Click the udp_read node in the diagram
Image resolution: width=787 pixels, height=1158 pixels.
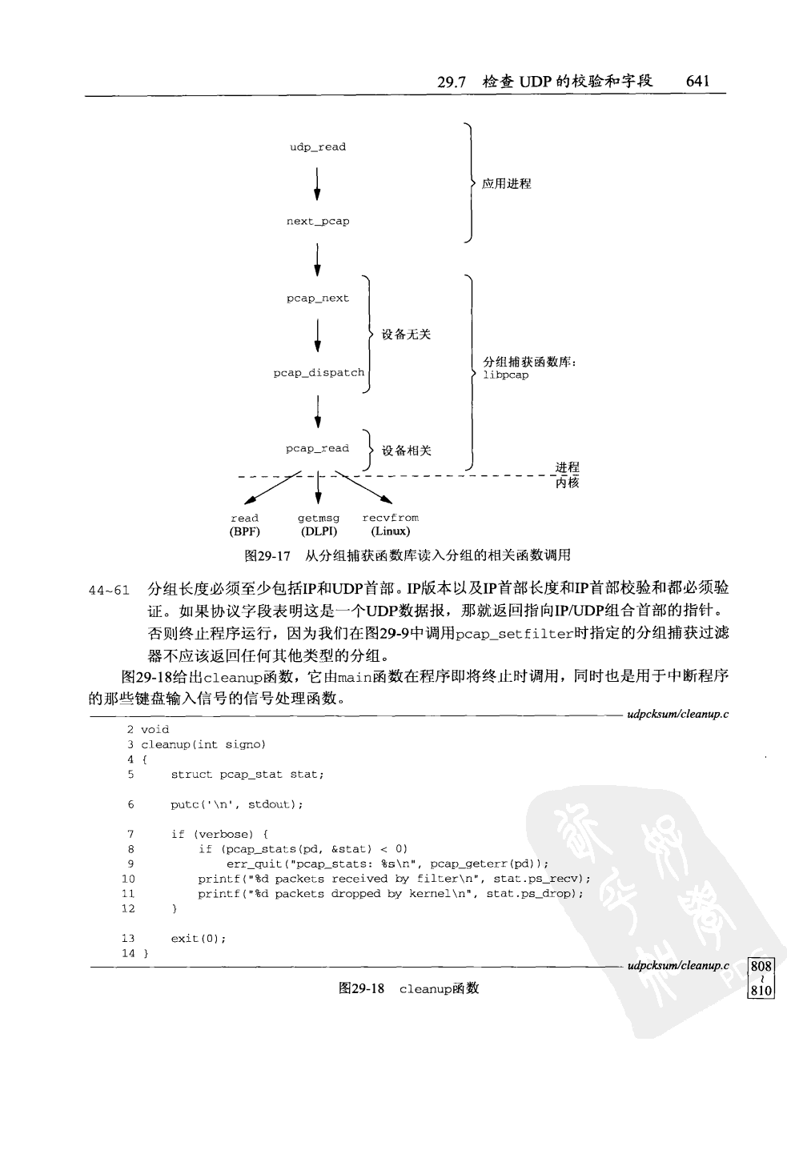pos(318,147)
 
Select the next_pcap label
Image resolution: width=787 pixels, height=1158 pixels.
pos(318,222)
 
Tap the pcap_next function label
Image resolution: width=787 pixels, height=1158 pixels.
pos(318,299)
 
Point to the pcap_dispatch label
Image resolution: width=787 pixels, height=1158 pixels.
pos(319,373)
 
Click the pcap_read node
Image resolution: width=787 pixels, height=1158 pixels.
pos(318,449)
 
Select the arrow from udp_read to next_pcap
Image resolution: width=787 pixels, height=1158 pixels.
pos(318,184)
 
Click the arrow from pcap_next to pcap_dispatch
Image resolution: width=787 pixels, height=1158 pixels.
pos(318,335)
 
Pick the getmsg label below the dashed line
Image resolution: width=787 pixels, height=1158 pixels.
pos(319,519)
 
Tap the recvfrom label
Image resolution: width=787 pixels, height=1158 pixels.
pos(390,519)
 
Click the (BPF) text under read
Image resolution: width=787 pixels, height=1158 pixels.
pos(245,531)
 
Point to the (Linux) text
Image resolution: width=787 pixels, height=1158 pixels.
pos(390,531)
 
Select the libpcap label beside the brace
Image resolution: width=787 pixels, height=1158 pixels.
pos(505,375)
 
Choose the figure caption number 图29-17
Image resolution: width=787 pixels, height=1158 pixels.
pos(267,555)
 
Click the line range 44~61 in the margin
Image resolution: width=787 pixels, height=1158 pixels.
pos(109,591)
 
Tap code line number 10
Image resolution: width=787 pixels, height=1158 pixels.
pos(128,879)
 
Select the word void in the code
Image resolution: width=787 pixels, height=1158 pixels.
pos(155,730)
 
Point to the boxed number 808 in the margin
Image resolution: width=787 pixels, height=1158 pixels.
pos(761,966)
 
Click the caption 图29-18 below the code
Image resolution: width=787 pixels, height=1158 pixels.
pos(362,988)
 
